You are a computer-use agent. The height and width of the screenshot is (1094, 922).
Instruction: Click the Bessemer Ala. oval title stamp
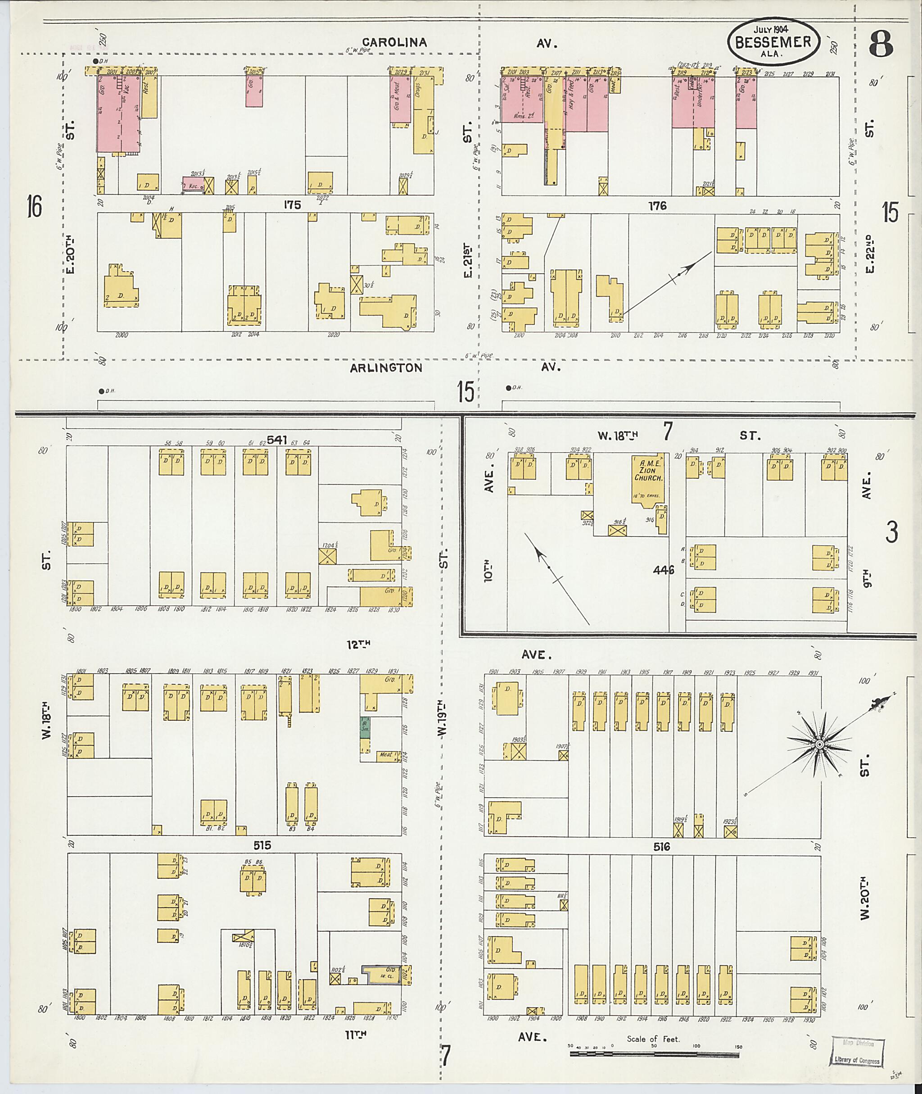(x=773, y=41)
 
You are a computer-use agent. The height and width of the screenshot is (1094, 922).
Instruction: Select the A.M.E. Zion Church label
(x=648, y=470)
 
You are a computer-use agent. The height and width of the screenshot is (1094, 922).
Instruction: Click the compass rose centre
(x=819, y=744)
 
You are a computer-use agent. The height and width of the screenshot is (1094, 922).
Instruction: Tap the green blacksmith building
(x=365, y=727)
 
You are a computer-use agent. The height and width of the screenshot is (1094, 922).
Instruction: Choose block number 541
(x=277, y=440)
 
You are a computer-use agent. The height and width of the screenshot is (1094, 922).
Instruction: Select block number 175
(x=292, y=205)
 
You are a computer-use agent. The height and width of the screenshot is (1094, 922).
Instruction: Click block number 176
(x=658, y=206)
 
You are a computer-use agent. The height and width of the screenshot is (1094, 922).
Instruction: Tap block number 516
(x=661, y=847)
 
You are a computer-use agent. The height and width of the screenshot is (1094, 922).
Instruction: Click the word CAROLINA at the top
(x=395, y=43)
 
